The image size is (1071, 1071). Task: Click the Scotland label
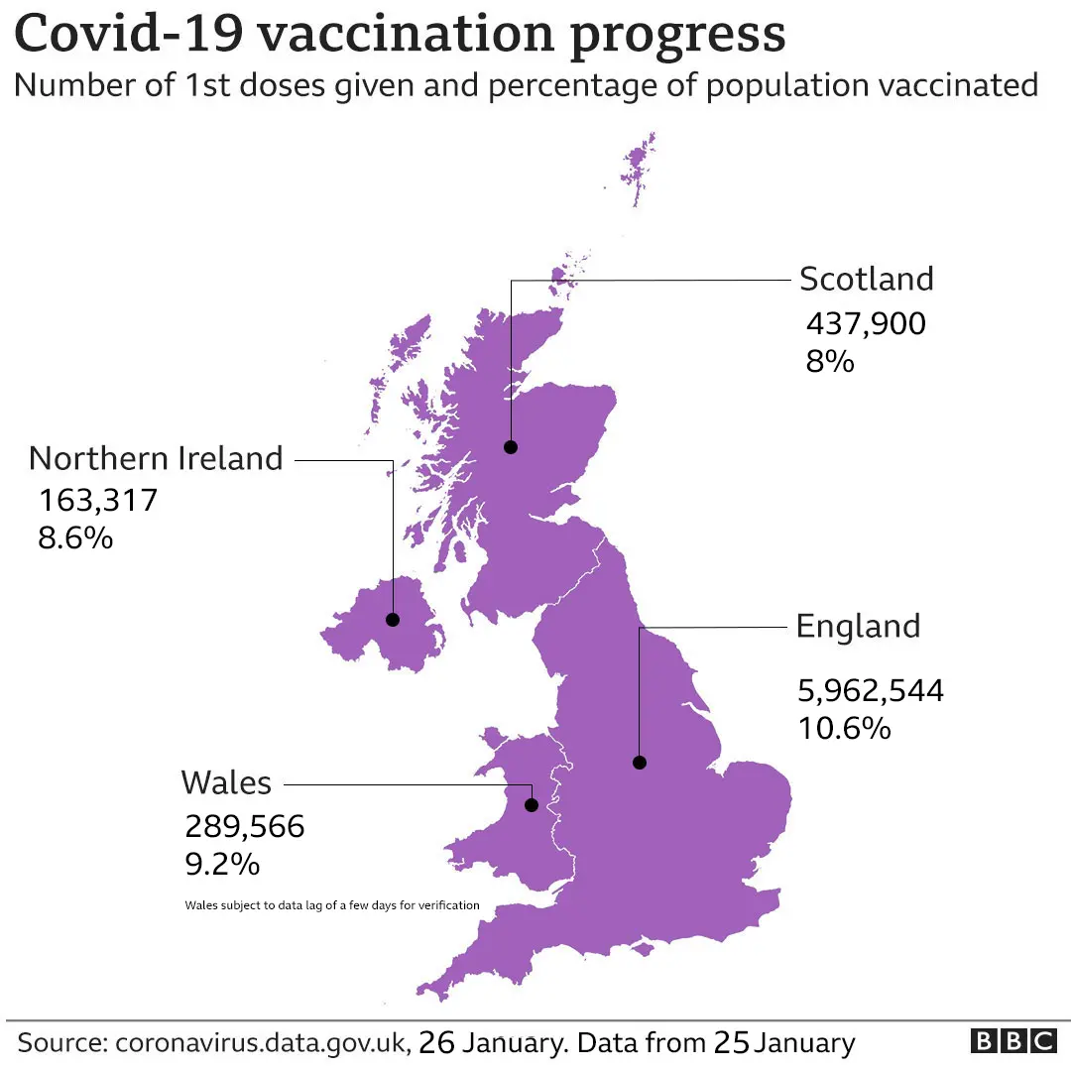[866, 279]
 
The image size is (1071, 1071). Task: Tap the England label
[858, 627]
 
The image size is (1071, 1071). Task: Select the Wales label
[226, 782]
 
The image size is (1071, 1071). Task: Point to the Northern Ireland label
[156, 458]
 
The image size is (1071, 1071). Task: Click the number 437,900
[866, 323]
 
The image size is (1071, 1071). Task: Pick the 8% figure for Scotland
[829, 361]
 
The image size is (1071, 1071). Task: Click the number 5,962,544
[871, 689]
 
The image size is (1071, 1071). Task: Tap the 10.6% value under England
[844, 729]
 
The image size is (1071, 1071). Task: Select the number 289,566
[244, 826]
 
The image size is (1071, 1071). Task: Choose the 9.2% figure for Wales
[222, 865]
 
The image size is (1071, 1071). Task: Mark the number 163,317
[98, 499]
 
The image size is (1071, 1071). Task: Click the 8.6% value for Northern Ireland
[75, 538]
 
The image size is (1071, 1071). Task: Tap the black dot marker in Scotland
[511, 446]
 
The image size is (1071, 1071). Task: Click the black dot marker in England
[640, 763]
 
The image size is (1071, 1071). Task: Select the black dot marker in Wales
[531, 805]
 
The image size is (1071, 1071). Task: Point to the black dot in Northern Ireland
[393, 620]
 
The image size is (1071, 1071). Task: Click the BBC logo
[1012, 1042]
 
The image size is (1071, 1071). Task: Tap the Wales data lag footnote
[332, 904]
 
